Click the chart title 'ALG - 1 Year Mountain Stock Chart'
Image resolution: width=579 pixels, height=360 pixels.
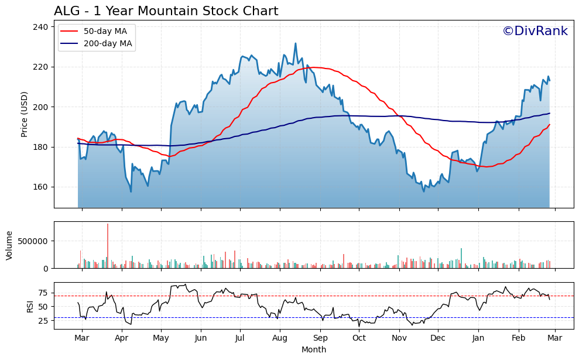coord(166,11)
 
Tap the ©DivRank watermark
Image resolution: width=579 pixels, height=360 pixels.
coord(535,31)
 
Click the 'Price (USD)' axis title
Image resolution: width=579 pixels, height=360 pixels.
coord(25,114)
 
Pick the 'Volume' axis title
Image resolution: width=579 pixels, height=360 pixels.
coord(9,245)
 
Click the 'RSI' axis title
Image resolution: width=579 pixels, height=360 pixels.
coord(13,306)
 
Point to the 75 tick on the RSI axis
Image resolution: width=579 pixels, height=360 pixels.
coord(43,292)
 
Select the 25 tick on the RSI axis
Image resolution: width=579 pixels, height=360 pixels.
coord(43,320)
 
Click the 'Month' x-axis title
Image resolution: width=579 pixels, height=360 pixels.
coord(314,349)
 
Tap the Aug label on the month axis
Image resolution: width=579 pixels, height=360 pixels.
coord(280,338)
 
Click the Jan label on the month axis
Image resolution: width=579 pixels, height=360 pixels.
coord(478,338)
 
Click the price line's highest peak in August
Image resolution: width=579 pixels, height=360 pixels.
coord(295,43)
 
